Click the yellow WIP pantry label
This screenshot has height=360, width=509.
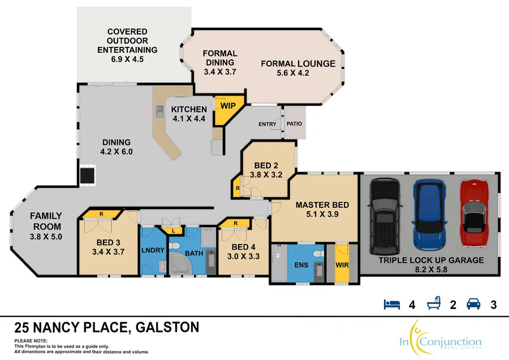tap(228, 106)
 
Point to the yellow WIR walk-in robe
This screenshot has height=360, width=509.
tap(342, 264)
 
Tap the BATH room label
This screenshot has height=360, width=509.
tap(194, 254)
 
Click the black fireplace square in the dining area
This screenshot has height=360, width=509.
tap(87, 175)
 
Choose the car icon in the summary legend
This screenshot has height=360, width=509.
tap(473, 305)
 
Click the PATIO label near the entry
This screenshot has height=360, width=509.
tap(294, 124)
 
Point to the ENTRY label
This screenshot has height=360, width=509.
tap(268, 125)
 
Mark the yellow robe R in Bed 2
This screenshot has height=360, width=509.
tap(236, 187)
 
